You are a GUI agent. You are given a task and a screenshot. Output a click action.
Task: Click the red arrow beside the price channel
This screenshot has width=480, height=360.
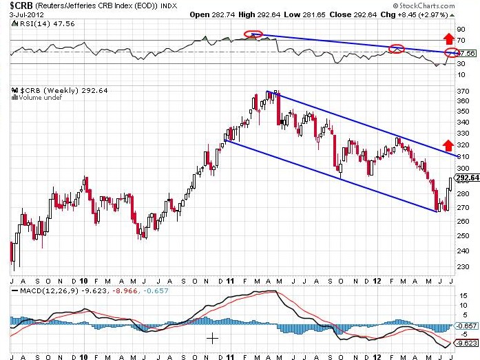(x=447, y=145)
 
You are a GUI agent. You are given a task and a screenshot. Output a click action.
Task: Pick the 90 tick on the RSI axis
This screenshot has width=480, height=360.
(x=463, y=30)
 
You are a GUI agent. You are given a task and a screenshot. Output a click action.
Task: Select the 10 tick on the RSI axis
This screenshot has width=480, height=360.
(x=463, y=74)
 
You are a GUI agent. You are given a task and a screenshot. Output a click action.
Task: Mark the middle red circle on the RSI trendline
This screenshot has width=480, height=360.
(x=396, y=48)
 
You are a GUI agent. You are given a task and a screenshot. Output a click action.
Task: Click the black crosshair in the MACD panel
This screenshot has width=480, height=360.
(x=213, y=338)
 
